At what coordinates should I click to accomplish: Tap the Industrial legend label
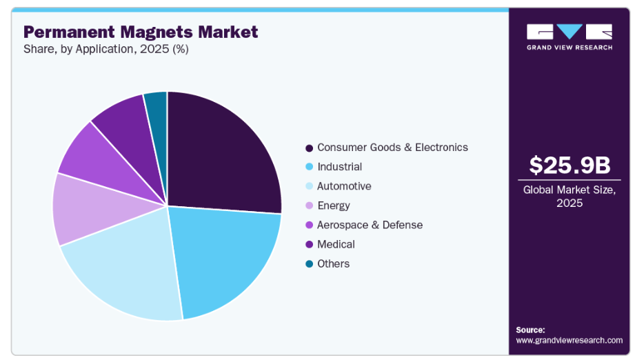coord(339,167)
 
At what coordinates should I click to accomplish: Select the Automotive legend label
coord(344,186)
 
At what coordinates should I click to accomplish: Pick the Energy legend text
coord(334,206)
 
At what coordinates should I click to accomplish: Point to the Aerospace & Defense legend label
coord(370,225)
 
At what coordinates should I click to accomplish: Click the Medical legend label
coord(336,244)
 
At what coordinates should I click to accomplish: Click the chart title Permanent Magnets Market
coord(141,32)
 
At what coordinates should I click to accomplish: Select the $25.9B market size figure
coord(570,166)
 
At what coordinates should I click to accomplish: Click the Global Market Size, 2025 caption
coord(570,196)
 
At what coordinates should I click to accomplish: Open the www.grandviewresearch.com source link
coord(569,340)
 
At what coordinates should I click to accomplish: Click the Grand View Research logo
coord(570,37)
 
